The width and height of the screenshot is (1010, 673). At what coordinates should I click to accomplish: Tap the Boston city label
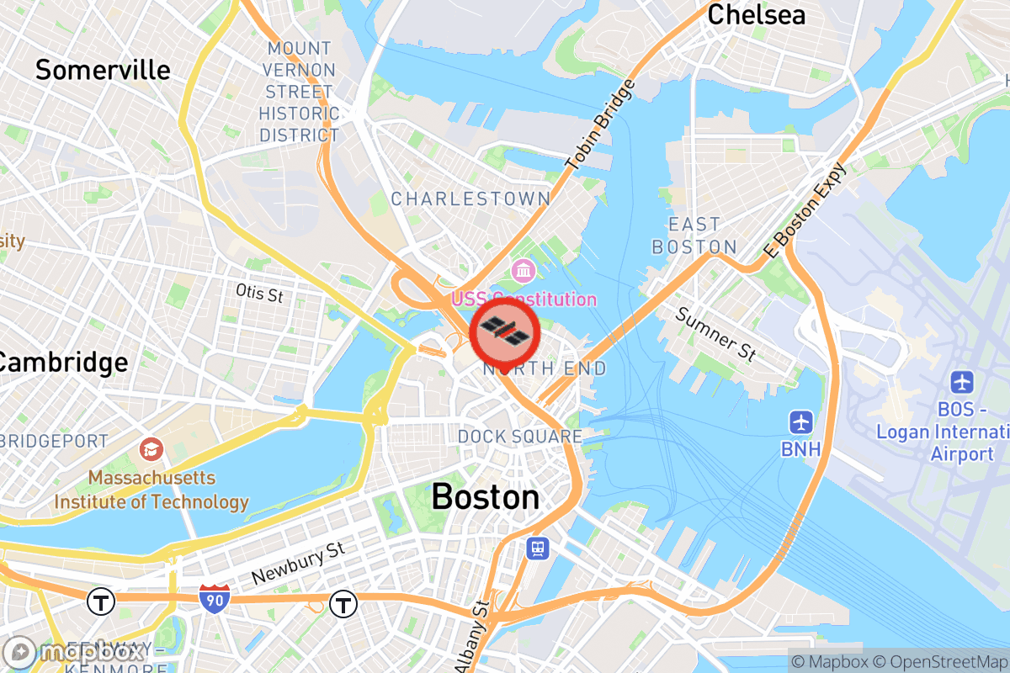pos(486,497)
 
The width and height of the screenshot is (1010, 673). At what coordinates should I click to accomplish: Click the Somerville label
pos(103,70)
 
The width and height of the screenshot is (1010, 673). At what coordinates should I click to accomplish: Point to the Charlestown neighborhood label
pos(470,199)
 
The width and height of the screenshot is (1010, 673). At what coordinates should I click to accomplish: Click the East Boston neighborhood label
pos(694,236)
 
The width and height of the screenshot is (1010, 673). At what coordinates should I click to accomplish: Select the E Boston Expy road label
pos(805,210)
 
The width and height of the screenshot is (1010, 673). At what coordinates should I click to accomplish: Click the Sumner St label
pos(715,334)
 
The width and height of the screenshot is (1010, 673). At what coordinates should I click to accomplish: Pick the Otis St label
pos(259,293)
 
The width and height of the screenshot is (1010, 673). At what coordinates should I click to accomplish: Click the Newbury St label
pos(298,564)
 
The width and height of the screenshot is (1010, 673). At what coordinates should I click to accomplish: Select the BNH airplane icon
pos(800,421)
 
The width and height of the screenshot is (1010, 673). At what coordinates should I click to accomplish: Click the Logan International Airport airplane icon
pos(962,381)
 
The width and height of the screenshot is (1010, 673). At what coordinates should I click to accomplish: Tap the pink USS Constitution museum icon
pos(524,271)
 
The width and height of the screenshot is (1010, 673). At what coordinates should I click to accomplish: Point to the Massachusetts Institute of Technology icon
pos(152,449)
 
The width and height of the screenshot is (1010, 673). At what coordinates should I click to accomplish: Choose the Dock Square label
pos(519,437)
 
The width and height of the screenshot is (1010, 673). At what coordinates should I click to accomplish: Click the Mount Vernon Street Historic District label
pos(299,92)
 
